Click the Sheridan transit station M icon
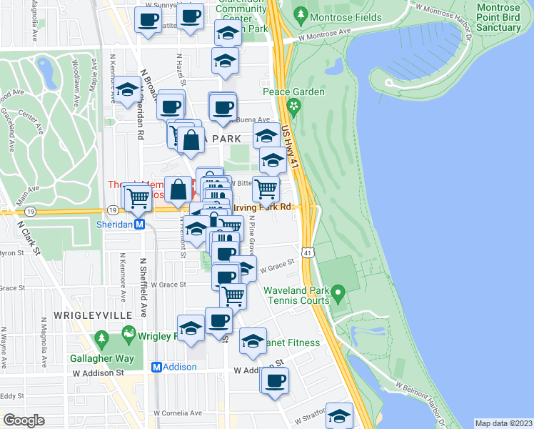pos(141,224)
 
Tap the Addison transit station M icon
pos(157,367)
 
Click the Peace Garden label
pos(293,92)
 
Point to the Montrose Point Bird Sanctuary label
pos(498,17)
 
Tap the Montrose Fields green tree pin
pos(301,14)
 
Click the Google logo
pos(24,420)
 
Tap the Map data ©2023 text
pos(503,423)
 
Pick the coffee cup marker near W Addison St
pos(273,380)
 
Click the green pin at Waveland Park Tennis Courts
pos(339,292)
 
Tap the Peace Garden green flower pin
pos(293,107)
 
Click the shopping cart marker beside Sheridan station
pos(138,197)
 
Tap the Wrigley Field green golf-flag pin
pos(129,333)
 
